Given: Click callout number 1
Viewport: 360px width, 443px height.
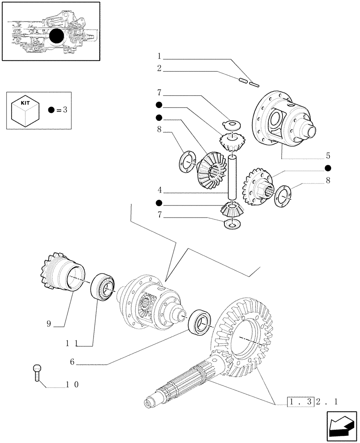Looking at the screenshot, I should point(159,56).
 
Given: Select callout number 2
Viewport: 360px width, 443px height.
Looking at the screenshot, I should point(159,69).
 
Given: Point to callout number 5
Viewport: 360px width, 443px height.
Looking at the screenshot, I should point(328,155).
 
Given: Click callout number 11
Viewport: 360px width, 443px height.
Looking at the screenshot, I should point(73,343).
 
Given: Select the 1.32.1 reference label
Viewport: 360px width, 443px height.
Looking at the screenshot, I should point(312,402).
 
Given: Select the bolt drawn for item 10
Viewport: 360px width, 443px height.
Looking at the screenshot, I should point(37,372).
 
